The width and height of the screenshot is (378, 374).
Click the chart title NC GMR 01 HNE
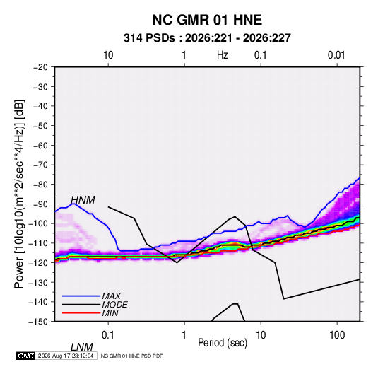point(207,20)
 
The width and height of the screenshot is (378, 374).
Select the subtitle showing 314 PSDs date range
point(207,38)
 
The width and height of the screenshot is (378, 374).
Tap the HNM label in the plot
point(83,200)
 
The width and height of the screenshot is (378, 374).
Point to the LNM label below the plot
point(81,347)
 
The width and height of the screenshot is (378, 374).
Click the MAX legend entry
point(111,296)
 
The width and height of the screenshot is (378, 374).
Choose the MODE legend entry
point(114,305)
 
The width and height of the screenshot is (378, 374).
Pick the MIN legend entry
point(110,313)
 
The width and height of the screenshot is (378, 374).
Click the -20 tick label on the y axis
point(40,67)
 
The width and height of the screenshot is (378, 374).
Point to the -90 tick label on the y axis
point(40,204)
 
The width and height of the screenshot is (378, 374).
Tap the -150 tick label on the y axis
point(38,322)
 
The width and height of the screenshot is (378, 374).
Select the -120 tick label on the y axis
point(38,263)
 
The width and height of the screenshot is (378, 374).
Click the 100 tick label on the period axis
point(337,335)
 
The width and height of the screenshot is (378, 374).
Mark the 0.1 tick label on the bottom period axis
point(107,335)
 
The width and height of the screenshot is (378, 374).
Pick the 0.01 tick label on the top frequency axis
point(336,55)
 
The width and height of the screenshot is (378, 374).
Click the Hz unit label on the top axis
point(223,55)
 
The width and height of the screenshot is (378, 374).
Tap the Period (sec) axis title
point(223,343)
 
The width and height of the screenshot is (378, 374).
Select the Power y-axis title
point(19,194)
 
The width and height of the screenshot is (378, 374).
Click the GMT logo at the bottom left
point(25,356)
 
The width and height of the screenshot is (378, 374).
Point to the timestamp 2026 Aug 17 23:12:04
point(66,356)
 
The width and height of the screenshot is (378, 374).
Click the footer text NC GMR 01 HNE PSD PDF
point(131,356)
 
